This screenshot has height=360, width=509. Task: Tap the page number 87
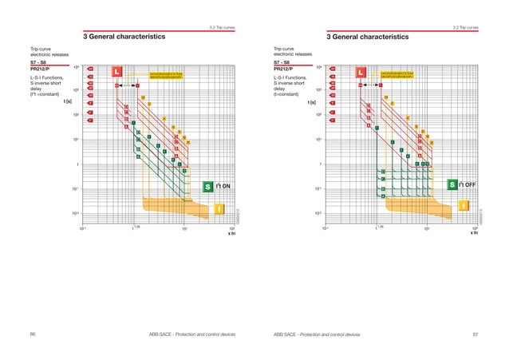click(475, 332)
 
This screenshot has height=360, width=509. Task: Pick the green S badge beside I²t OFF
click(452, 185)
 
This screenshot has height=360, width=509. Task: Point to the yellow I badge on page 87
click(463, 208)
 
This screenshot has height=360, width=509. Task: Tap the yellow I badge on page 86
click(219, 209)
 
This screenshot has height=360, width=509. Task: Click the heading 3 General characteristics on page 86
click(124, 37)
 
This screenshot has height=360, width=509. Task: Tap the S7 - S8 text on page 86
click(38, 61)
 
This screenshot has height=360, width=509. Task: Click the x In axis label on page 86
click(232, 233)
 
